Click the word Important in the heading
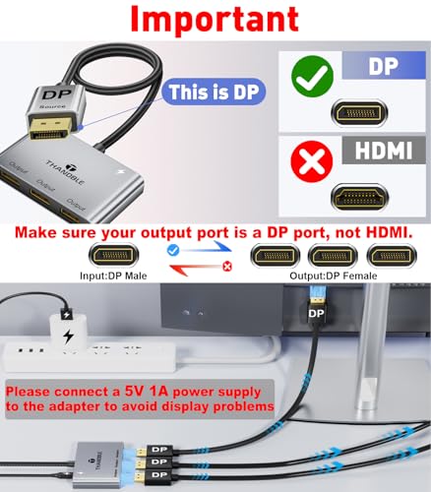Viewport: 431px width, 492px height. pyautogui.click(x=215, y=21)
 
